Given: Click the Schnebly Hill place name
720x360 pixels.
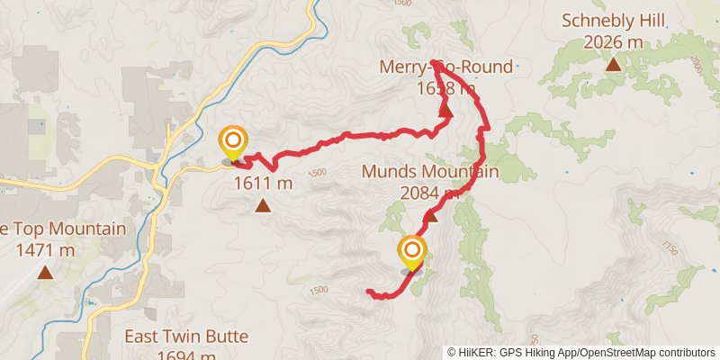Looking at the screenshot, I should [x=612, y=20].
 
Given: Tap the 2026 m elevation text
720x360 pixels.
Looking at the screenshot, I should [x=612, y=41].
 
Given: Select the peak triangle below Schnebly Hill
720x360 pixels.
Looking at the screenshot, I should [x=613, y=64].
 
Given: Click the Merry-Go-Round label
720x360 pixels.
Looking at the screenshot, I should [x=445, y=67].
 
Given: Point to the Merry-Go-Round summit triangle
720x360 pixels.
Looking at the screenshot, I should [x=445, y=111].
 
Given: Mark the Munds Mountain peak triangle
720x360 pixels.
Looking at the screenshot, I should [x=431, y=215].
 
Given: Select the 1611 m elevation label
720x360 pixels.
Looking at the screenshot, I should [x=264, y=184].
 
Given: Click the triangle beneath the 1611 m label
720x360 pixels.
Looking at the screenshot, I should [x=263, y=206].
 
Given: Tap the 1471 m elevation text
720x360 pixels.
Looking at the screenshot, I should [x=45, y=249].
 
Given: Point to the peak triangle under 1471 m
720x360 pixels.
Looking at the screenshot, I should [x=45, y=272].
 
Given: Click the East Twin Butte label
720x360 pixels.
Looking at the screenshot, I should [x=171, y=337].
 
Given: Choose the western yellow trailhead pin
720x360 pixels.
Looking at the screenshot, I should [x=233, y=140].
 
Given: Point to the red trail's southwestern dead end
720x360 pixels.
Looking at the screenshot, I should [x=369, y=290].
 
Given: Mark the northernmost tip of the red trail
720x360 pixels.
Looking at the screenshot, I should [x=433, y=62].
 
